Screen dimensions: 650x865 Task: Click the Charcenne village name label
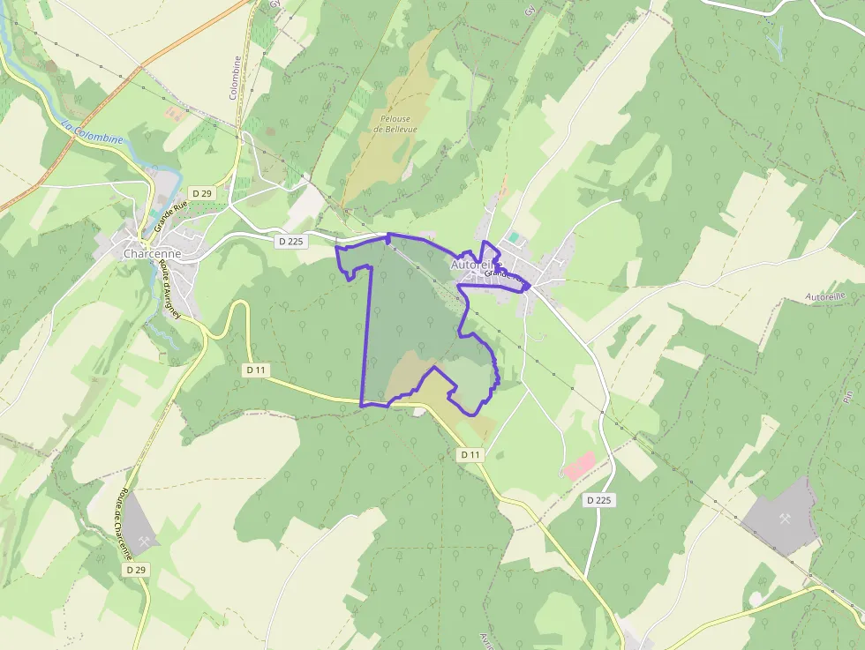[152, 254]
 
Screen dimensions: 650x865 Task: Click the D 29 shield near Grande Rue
[202, 193]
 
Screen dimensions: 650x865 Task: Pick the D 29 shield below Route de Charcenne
[135, 570]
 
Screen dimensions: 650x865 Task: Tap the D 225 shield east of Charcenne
[290, 242]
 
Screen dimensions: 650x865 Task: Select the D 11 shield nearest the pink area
[471, 454]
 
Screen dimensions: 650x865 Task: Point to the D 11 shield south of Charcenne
[255, 370]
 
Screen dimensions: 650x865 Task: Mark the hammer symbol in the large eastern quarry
[782, 518]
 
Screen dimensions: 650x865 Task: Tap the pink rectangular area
[580, 465]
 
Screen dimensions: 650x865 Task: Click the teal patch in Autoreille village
[513, 237]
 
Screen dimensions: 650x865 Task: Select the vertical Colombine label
[237, 78]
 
